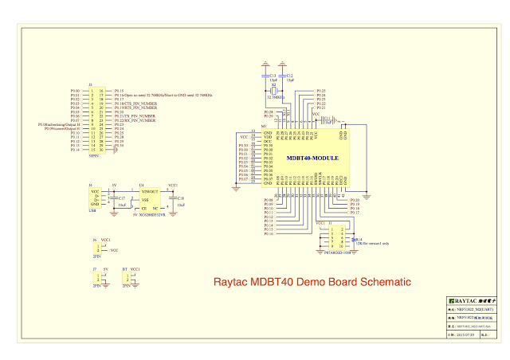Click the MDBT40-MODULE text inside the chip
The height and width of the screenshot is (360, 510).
(312, 158)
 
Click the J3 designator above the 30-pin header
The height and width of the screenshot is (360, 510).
(90, 84)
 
